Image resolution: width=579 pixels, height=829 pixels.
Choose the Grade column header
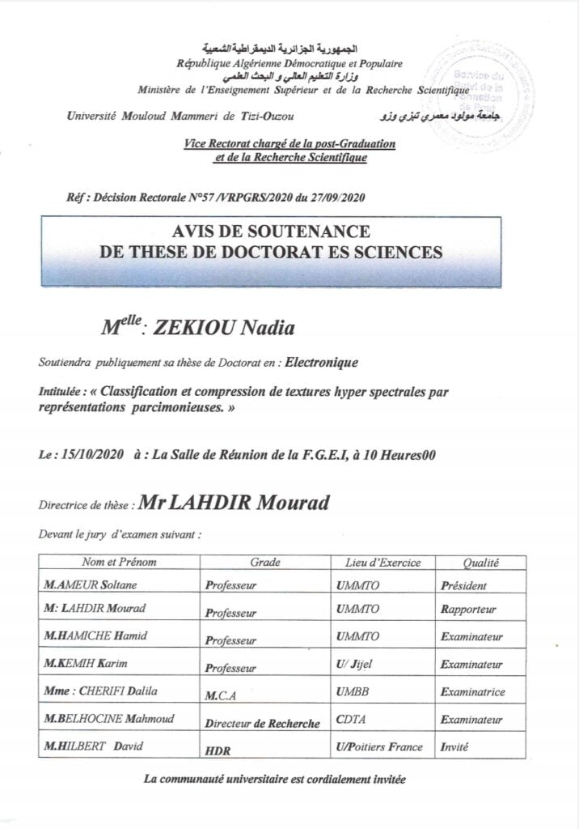click(265, 562)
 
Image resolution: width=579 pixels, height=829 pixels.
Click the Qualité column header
click(480, 562)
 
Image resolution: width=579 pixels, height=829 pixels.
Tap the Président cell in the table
click(464, 585)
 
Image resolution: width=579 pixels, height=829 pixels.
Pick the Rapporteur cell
click(469, 610)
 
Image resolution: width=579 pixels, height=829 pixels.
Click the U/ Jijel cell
click(354, 665)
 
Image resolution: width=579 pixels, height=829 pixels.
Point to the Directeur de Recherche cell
click(263, 723)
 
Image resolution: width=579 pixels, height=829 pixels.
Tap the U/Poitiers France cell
click(378, 747)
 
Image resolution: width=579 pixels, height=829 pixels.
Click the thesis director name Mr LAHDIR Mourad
click(234, 503)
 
